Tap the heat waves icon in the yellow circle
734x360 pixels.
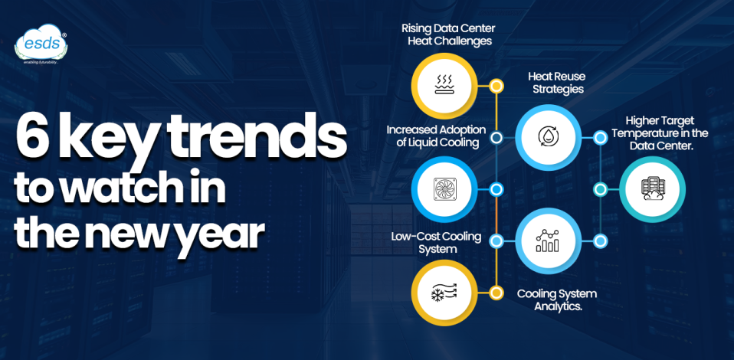point(444,85)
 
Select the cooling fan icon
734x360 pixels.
point(444,189)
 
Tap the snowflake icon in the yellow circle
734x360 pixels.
point(444,293)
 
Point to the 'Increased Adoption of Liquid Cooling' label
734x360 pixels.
point(433,136)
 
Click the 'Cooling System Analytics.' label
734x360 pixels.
point(556,299)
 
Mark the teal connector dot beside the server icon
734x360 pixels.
point(601,189)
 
